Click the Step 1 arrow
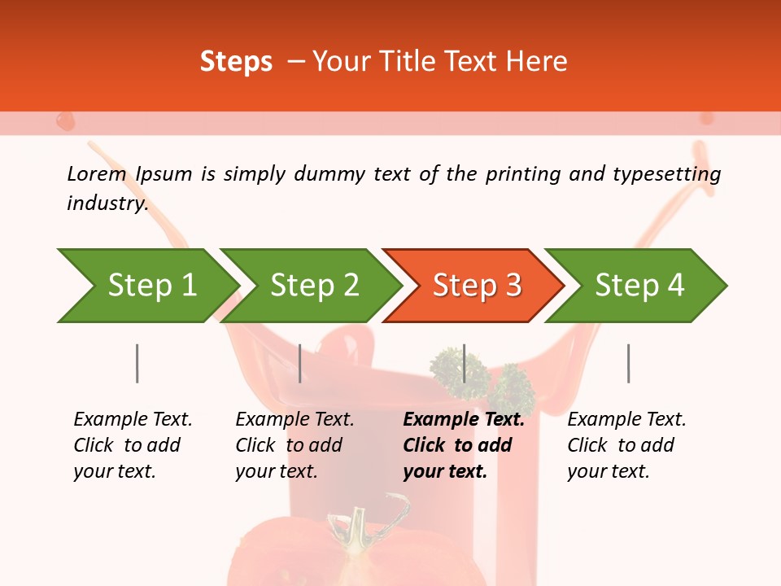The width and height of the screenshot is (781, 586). click(146, 286)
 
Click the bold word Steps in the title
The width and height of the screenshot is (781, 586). click(236, 62)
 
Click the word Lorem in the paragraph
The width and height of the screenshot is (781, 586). click(96, 173)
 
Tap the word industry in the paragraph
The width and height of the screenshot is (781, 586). click(107, 203)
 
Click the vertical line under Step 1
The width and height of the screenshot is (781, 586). click(137, 363)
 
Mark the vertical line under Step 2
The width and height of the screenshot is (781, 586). click(300, 363)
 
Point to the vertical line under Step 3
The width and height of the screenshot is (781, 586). click(464, 363)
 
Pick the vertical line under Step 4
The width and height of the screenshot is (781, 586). click(628, 363)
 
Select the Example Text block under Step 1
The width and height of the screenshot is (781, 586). click(133, 445)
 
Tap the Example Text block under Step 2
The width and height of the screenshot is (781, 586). click(295, 445)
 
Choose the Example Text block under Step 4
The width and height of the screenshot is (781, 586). click(626, 445)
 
